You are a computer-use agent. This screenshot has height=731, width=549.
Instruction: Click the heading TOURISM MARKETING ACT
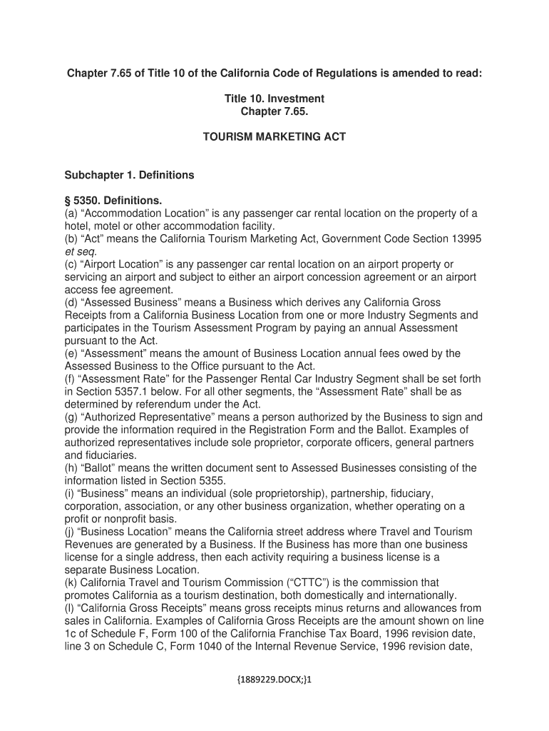click(274, 136)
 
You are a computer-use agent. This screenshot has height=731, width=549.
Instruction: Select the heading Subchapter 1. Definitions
click(129, 175)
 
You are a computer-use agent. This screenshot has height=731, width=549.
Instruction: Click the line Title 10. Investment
click(274, 99)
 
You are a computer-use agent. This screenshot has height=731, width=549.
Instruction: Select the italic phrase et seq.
click(80, 252)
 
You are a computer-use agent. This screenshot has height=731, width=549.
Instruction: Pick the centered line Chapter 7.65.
click(274, 111)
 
